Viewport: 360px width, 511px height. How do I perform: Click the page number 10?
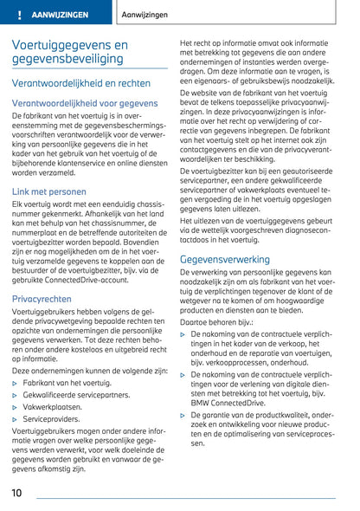click(x=17, y=494)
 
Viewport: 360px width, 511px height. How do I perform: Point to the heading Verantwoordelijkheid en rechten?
click(x=80, y=83)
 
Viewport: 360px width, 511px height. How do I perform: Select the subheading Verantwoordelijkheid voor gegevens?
click(x=85, y=103)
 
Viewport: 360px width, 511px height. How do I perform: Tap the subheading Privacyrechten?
click(x=42, y=298)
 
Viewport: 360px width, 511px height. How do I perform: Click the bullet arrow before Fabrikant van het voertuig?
click(x=16, y=382)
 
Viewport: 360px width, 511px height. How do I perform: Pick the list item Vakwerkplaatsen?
click(x=53, y=406)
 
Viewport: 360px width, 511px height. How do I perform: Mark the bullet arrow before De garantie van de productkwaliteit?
click(x=183, y=415)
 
